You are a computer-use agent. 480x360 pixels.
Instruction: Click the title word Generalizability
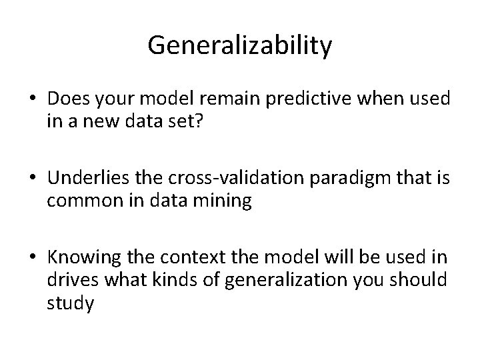click(240, 45)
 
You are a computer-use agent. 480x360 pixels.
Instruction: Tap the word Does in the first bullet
click(66, 100)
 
